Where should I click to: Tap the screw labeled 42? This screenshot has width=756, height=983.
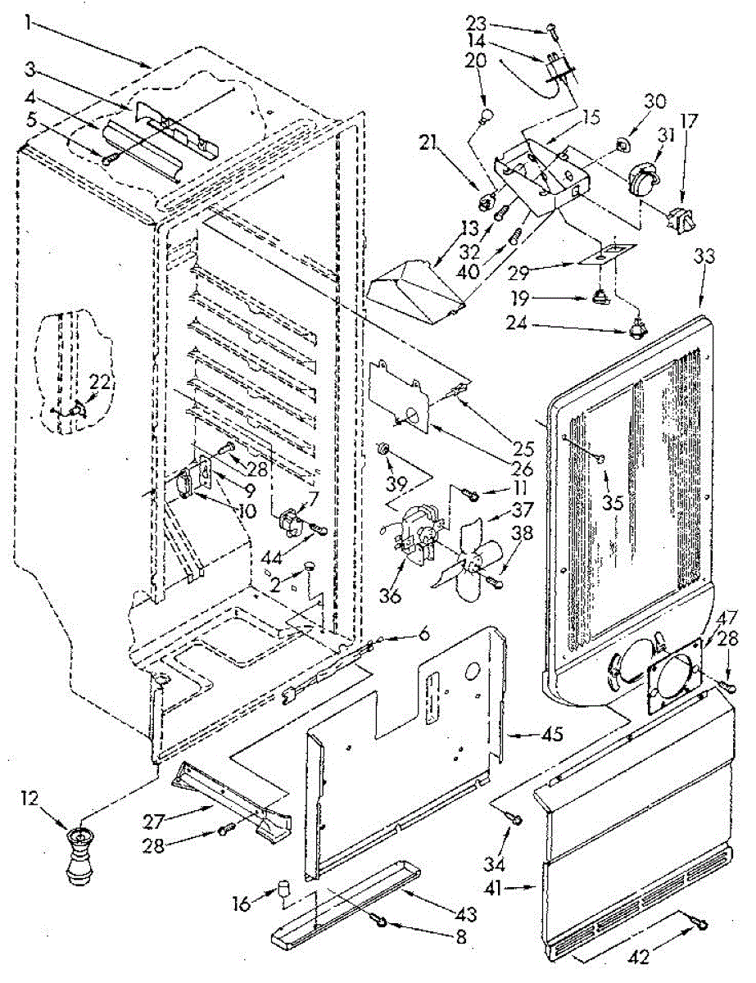pos(699,924)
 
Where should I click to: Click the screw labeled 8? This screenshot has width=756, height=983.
pos(381,923)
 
